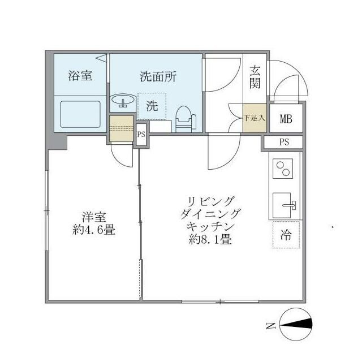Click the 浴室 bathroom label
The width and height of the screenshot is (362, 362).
pos(80,76)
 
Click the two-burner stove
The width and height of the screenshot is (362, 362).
pos(283,169)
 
